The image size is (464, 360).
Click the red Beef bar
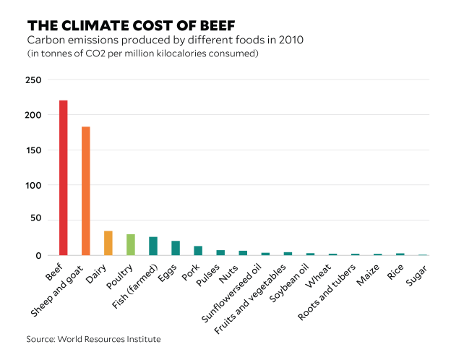click(63, 178)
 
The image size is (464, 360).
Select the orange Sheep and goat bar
click(85, 191)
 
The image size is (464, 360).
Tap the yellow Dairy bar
click(108, 243)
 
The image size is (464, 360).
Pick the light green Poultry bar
click(130, 244)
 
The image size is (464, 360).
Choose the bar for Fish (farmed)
click(153, 246)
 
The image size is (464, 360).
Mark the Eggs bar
click(176, 248)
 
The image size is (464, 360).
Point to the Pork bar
click(198, 251)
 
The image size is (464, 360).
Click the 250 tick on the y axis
click(33, 80)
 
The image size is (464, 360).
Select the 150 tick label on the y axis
click(33, 150)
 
